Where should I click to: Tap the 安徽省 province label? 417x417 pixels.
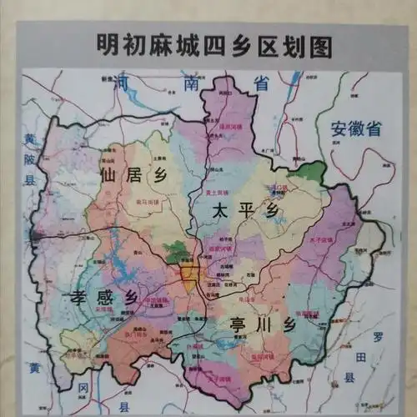pyautogui.click(x=355, y=129)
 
